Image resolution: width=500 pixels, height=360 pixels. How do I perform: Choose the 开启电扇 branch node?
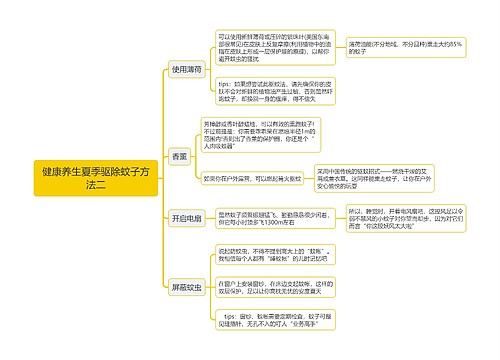tap(186, 218)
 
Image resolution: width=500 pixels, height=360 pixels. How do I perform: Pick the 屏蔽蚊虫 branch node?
tap(186, 286)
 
